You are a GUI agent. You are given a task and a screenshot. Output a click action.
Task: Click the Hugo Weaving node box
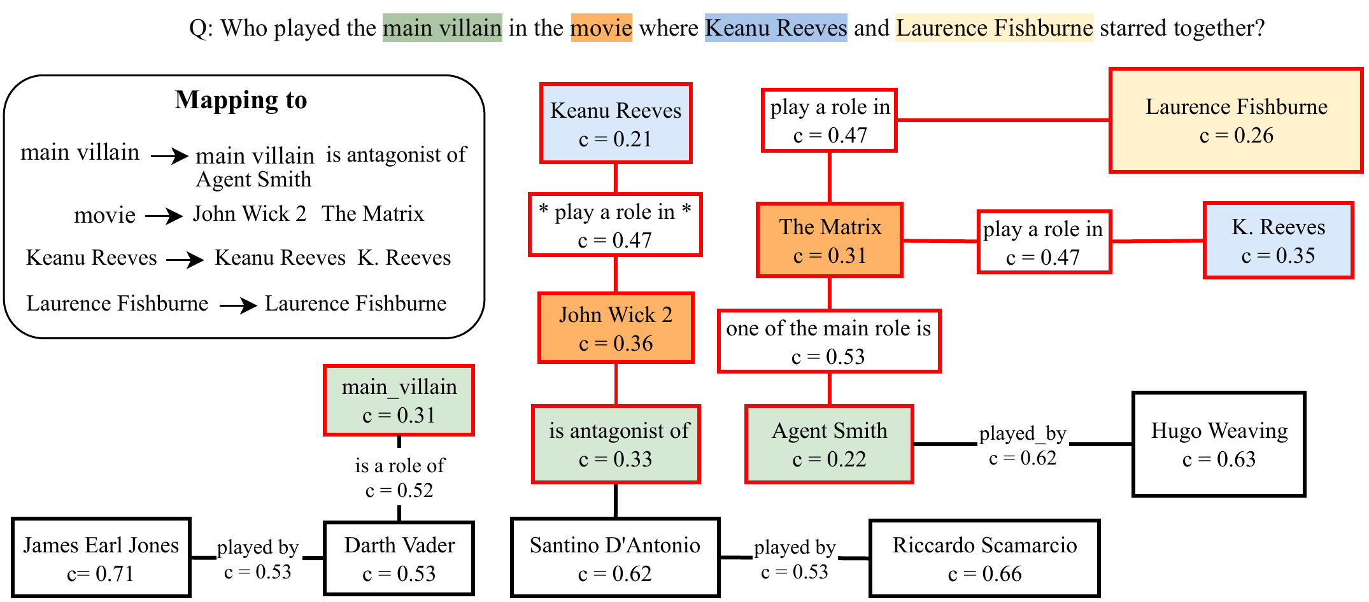pyautogui.click(x=1219, y=444)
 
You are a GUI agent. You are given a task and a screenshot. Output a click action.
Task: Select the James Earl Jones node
pyautogui.click(x=101, y=558)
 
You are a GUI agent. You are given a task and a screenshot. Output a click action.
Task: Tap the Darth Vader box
pyautogui.click(x=399, y=558)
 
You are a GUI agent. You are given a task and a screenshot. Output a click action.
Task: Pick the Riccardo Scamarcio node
pyautogui.click(x=984, y=558)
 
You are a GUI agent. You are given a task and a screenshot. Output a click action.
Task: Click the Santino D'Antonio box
pyautogui.click(x=615, y=558)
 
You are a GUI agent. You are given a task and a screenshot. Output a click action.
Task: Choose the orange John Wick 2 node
pyautogui.click(x=616, y=328)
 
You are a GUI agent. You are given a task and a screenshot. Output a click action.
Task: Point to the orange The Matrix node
pyautogui.click(x=830, y=241)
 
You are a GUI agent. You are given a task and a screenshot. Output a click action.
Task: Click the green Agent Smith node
pyautogui.click(x=829, y=444)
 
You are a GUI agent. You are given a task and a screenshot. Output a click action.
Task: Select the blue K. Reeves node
pyautogui.click(x=1278, y=241)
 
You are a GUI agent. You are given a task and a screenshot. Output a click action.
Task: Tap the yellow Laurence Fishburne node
pyautogui.click(x=1236, y=120)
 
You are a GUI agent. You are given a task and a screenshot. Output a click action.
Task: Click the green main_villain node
pyautogui.click(x=399, y=400)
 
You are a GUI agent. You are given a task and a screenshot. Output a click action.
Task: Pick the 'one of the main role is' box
pyautogui.click(x=828, y=341)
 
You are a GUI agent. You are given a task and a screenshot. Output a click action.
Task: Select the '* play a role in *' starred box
pyautogui.click(x=615, y=225)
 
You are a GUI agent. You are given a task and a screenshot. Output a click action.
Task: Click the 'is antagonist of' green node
pyautogui.click(x=616, y=444)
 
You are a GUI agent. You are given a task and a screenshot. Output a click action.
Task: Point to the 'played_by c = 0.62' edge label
pyautogui.click(x=1023, y=445)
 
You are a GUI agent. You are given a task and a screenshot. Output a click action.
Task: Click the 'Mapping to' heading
pyautogui.click(x=241, y=100)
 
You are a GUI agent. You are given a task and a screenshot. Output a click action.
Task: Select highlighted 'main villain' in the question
pyautogui.click(x=442, y=28)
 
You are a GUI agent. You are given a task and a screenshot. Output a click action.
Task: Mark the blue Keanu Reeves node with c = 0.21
pyautogui.click(x=616, y=123)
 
